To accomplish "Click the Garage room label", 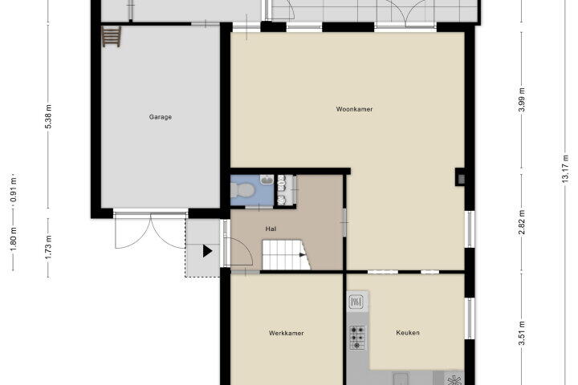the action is [161, 117].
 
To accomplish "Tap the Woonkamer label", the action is [354, 109].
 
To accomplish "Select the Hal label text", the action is [271, 229].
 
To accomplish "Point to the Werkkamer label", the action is [287, 333].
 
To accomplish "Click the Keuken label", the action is [408, 333].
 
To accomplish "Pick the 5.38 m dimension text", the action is [48, 116].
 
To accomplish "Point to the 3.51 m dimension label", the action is [521, 334].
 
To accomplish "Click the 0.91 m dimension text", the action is [14, 190].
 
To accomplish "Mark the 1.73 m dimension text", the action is [48, 246].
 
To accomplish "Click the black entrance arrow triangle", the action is [207, 251].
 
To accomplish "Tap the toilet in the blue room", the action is [242, 190].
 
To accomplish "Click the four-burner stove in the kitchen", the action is [357, 337].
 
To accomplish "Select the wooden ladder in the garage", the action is [112, 36].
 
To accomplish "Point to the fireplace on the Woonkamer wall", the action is [460, 176].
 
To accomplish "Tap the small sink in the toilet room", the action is [267, 180].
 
